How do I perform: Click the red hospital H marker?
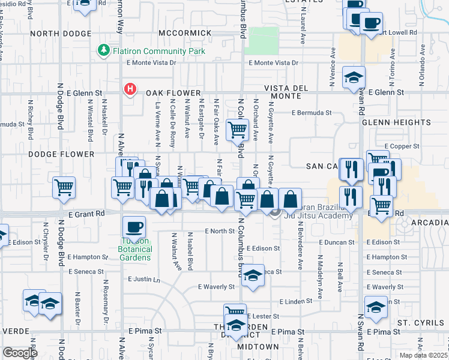point(129,90)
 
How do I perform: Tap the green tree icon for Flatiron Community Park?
point(105,50)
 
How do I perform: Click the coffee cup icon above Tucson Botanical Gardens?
point(134,227)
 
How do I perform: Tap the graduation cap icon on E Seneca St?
point(254,275)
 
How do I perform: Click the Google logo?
point(20,353)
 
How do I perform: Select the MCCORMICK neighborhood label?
point(185,32)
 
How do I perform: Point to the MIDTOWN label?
point(258,347)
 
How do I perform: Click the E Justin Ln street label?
point(144,280)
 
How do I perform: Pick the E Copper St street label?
point(402,146)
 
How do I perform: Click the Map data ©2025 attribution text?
point(422,355)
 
